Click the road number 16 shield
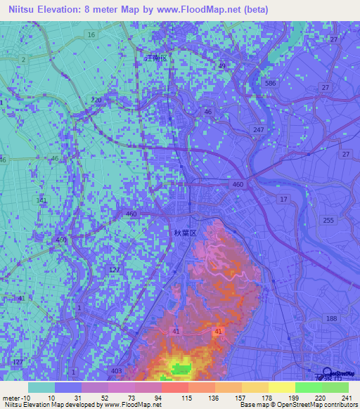91,34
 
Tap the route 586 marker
270,83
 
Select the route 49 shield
222,67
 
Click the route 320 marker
97,101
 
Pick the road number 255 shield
328,220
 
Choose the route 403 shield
117,371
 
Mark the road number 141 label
42,202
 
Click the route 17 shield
283,200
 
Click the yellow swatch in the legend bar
281,387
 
